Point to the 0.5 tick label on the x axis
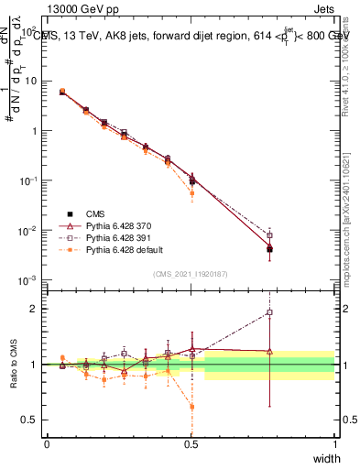191,443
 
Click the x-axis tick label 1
335,443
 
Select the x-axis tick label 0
47,443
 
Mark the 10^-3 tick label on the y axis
27,279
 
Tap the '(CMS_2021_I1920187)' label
191,274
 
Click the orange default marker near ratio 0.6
191,407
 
